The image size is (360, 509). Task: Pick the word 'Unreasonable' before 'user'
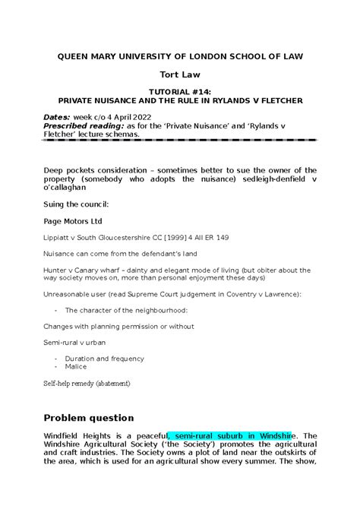(x=70, y=294)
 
